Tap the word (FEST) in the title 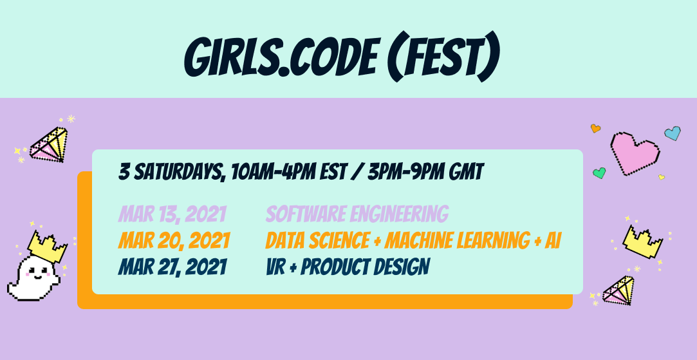[x=445, y=58]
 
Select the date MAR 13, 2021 [x=172, y=214]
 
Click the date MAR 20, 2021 [x=174, y=241]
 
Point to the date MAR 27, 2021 [x=172, y=267]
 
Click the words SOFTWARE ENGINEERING [x=357, y=214]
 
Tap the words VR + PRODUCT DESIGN [x=347, y=267]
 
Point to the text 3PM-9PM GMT [x=425, y=172]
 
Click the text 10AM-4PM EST [x=285, y=172]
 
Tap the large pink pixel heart [x=635, y=153]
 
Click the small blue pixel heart [x=673, y=133]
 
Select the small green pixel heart [x=599, y=173]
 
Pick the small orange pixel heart [x=595, y=128]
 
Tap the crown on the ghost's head [x=47, y=246]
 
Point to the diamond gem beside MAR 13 [x=49, y=144]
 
